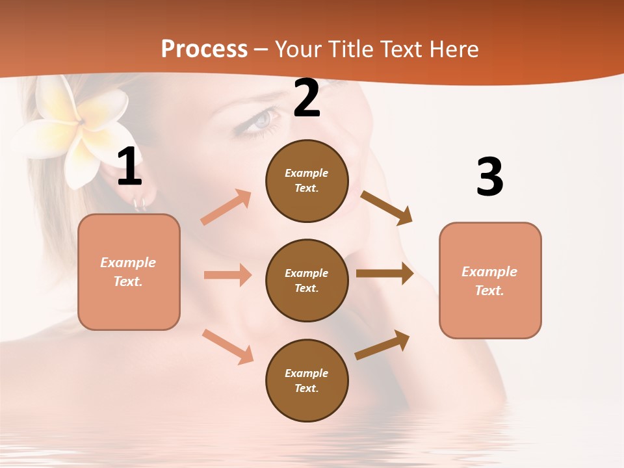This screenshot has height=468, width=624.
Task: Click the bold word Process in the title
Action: click(204, 49)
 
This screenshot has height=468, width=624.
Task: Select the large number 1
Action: click(129, 167)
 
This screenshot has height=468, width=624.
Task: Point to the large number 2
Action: click(307, 98)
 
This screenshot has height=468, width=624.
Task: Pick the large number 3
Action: click(489, 177)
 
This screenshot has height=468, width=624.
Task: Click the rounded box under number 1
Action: click(129, 272)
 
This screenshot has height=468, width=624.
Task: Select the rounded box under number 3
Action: click(490, 281)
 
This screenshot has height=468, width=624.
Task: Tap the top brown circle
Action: click(307, 181)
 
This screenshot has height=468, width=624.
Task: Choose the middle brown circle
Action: click(307, 280)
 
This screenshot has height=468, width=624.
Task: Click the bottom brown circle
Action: click(307, 380)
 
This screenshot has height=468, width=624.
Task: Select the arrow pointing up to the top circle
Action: click(226, 207)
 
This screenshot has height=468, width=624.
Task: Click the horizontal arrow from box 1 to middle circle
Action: click(227, 275)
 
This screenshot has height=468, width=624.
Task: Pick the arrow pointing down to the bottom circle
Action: click(227, 346)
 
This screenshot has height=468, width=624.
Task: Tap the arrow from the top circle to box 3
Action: click(387, 208)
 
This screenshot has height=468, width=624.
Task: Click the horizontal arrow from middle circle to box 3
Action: click(385, 274)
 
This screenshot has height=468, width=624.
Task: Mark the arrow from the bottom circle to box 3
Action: click(383, 344)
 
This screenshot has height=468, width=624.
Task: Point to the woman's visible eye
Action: click(261, 120)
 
